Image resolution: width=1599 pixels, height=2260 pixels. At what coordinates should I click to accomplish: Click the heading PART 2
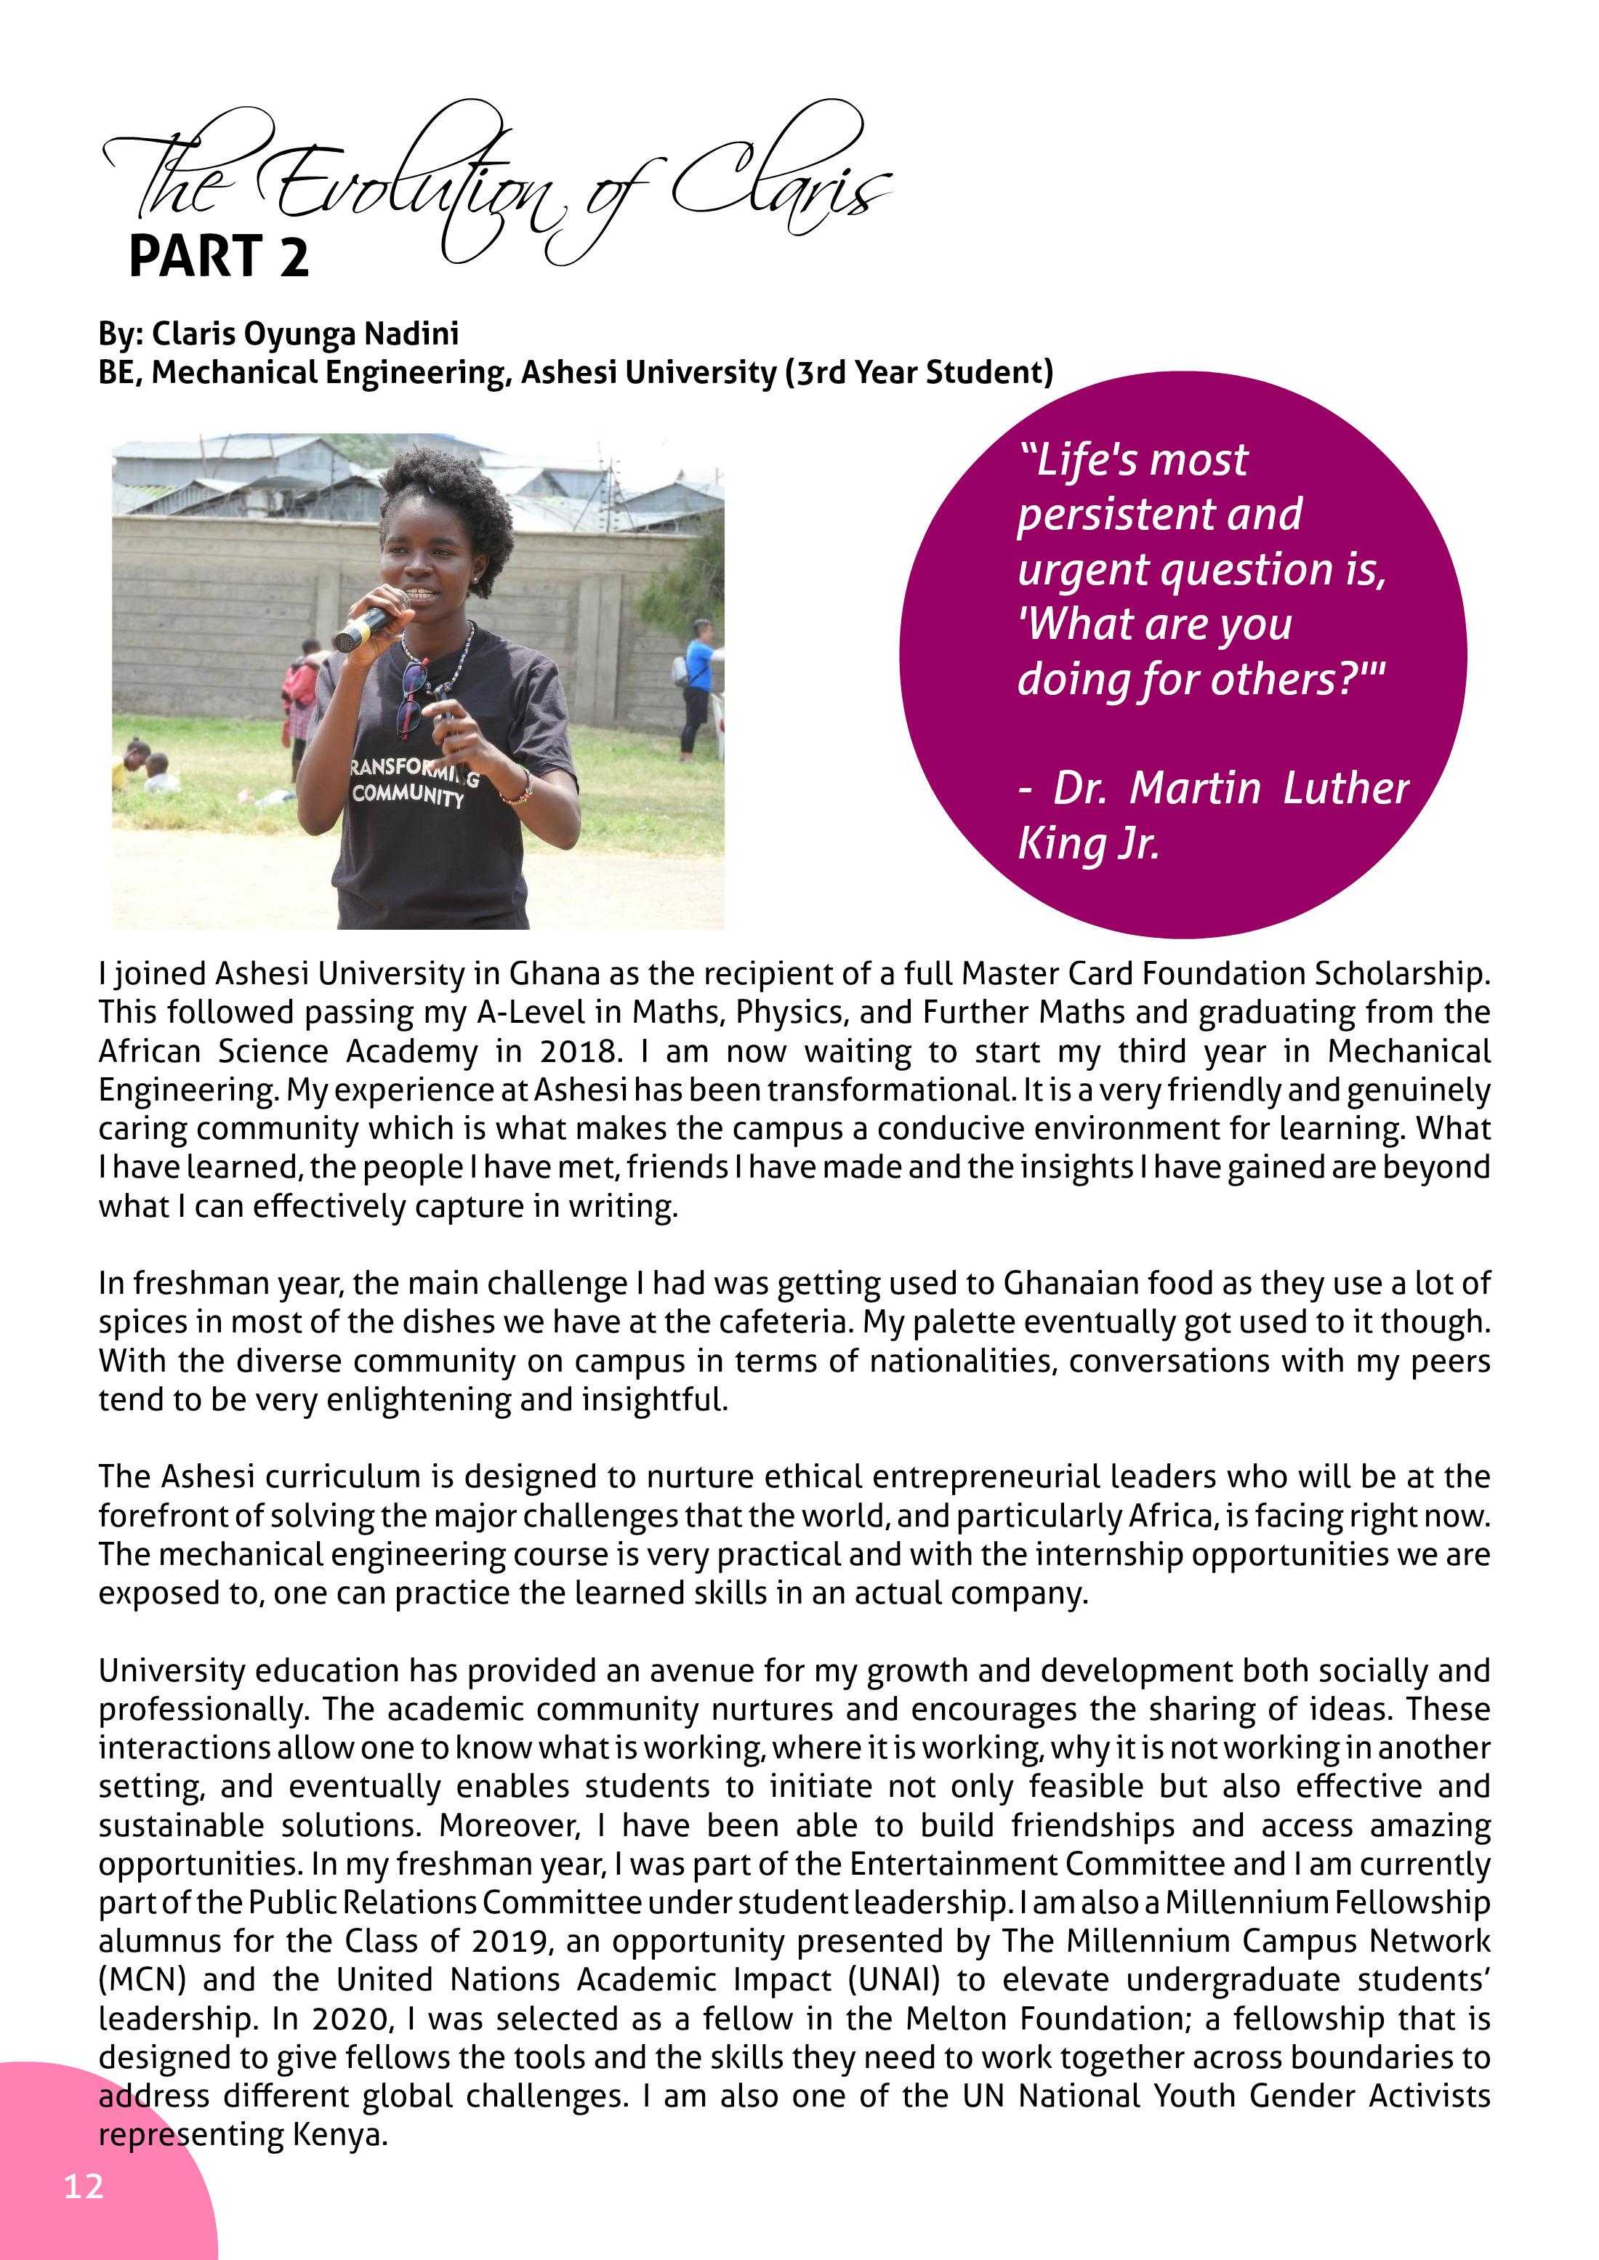click(219, 257)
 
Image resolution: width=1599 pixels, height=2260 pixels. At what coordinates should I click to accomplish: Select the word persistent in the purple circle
click(1159, 514)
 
